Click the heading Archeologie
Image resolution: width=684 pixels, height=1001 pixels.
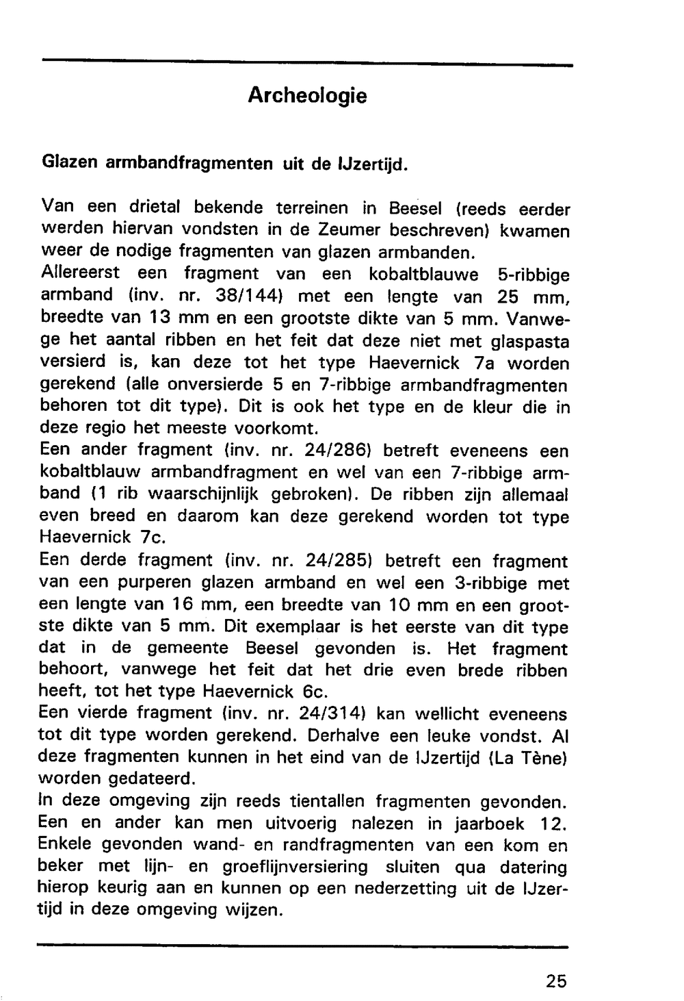pyautogui.click(x=307, y=95)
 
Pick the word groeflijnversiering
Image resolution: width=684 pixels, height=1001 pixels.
pyautogui.click(x=295, y=867)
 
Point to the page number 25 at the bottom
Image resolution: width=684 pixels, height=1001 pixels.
pyautogui.click(x=556, y=980)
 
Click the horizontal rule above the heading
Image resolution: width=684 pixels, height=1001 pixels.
pyautogui.click(x=307, y=64)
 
